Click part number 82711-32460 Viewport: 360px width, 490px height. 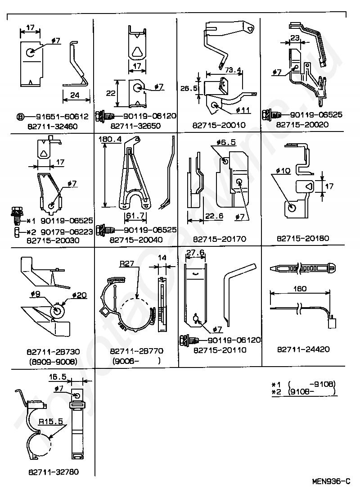[53, 127]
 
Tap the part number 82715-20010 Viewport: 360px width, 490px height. [220, 125]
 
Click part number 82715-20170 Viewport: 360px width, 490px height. [220, 238]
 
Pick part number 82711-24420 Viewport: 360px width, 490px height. [304, 349]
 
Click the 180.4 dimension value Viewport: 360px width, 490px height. [112, 140]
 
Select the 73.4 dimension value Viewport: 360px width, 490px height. [233, 70]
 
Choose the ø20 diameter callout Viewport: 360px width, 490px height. [79, 295]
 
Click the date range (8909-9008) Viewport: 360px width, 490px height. [53, 361]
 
